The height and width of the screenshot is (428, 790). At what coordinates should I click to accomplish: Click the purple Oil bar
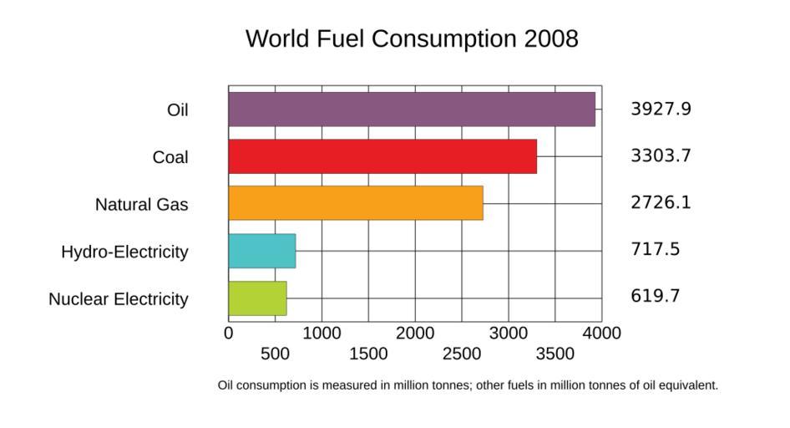412,110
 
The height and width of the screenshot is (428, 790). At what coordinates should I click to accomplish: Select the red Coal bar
382,156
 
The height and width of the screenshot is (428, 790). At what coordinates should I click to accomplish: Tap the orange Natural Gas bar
356,203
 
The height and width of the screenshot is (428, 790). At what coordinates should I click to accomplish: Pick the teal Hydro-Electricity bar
262,251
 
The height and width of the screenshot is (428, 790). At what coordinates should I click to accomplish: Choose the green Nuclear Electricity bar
257,298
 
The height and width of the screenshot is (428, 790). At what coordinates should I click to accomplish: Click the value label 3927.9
661,109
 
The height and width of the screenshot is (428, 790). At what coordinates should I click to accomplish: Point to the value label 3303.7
661,155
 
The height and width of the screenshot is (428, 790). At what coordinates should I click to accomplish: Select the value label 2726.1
661,202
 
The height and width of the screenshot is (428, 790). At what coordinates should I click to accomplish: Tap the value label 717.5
655,249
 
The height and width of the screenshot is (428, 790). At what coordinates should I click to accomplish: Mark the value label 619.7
655,296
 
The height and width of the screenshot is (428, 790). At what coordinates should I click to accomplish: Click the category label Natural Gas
141,205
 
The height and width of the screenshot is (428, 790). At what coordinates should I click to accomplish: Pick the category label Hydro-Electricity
124,252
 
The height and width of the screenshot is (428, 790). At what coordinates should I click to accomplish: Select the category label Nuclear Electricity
119,299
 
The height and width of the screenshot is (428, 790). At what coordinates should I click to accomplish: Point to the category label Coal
170,157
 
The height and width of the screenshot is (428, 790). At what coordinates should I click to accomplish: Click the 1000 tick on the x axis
322,333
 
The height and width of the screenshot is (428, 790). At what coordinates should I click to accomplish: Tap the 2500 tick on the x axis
462,354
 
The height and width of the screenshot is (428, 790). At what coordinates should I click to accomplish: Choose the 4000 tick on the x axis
602,333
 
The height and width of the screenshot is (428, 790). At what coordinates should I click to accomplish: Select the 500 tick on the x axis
276,354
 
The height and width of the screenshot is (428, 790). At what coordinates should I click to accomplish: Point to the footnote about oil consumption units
468,385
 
